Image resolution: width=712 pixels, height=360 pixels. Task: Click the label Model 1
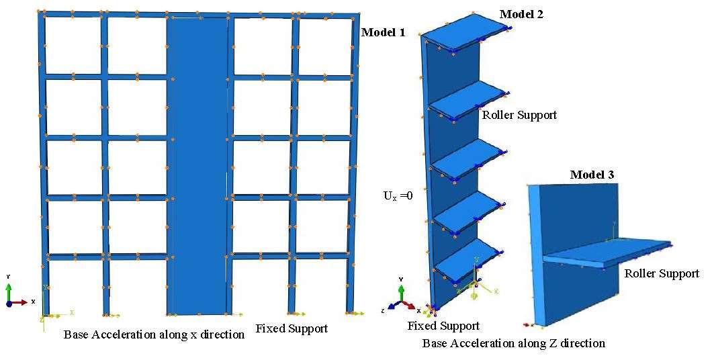pyautogui.click(x=383, y=32)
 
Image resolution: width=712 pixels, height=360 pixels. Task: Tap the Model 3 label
pyautogui.click(x=592, y=175)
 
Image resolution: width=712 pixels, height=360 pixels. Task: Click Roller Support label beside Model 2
pyautogui.click(x=519, y=115)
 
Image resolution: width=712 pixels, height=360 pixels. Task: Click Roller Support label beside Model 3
pyautogui.click(x=662, y=273)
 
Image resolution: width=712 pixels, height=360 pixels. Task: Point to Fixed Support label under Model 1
pyautogui.click(x=292, y=328)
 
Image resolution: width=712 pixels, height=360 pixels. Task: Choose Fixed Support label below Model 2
pyautogui.click(x=443, y=326)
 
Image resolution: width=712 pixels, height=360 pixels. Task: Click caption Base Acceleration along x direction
pyautogui.click(x=154, y=334)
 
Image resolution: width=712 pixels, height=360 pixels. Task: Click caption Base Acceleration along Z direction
pyautogui.click(x=513, y=343)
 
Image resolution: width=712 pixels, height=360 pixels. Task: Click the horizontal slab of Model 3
pyautogui.click(x=605, y=251)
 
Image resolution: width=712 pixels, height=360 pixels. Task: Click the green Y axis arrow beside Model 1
pyautogui.click(x=9, y=291)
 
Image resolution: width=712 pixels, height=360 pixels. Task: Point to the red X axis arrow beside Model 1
pyautogui.click(x=21, y=302)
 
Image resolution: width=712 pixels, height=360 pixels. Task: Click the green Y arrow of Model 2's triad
pyautogui.click(x=401, y=291)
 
